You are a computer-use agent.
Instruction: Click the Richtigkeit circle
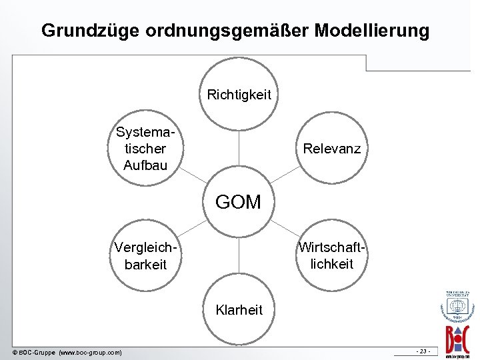[239, 94]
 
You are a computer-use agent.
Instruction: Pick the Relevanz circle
[331, 148]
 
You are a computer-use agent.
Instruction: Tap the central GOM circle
[239, 202]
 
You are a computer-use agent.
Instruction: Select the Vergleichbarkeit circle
[145, 256]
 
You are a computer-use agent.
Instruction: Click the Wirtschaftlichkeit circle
[331, 256]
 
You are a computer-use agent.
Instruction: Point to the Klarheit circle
[239, 310]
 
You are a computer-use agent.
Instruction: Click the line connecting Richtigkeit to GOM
[239, 150]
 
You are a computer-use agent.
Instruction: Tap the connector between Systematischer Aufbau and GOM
[193, 175]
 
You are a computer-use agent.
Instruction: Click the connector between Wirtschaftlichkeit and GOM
[285, 229]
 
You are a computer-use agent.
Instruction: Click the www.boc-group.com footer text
[91, 352]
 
